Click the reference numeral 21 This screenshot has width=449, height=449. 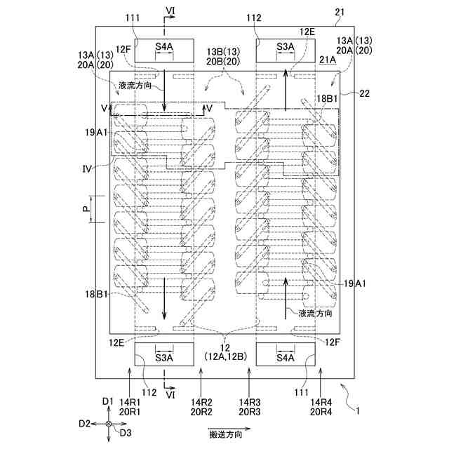tap(340, 13)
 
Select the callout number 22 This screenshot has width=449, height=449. tap(365, 93)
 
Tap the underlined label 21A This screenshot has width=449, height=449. tap(328, 60)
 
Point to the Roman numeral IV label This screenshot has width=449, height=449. tap(87, 169)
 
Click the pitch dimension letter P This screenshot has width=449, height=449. tap(86, 209)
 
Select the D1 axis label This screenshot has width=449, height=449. tap(107, 401)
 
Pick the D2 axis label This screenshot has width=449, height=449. tap(84, 424)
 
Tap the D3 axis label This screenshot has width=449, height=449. tap(126, 433)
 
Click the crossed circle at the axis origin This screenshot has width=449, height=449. tap(109, 424)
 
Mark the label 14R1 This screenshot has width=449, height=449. tap(130, 402)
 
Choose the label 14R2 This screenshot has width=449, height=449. tap(201, 402)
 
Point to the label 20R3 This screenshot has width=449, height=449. tap(250, 412)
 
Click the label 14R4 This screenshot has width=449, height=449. tap(321, 402)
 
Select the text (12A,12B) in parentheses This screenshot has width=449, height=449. tap(226, 356)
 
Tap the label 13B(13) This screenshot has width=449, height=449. tap(223, 52)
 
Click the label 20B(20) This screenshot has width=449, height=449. tap(223, 62)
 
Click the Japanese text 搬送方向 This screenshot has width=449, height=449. tap(226, 435)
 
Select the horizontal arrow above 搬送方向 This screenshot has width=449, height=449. tap(229, 429)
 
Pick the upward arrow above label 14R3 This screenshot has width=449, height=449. tap(250, 381)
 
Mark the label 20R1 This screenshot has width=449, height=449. tap(130, 412)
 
